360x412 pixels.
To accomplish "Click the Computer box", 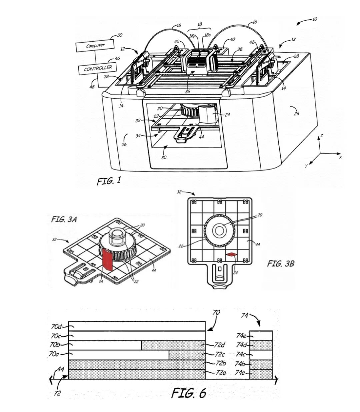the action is click(x=95, y=46).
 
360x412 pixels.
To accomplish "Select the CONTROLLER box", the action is click(x=98, y=69).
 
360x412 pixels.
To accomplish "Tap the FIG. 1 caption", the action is click(x=109, y=181).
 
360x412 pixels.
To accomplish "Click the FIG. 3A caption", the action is click(x=64, y=219).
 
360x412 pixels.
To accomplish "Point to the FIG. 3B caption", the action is click(x=281, y=263).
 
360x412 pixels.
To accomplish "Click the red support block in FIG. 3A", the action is click(x=108, y=259).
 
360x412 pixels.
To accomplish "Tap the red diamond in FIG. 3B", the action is click(x=231, y=255).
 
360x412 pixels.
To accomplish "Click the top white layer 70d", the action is click(x=137, y=326).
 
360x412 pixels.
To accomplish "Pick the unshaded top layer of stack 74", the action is click(x=261, y=336).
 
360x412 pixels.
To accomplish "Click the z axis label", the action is click(x=322, y=135).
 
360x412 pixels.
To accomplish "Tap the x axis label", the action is click(x=340, y=158).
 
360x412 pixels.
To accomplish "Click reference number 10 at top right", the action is click(x=314, y=19).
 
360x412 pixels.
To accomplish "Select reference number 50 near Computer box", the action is click(x=119, y=35).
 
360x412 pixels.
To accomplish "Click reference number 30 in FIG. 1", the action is click(x=164, y=157).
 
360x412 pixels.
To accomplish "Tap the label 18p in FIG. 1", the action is click(x=192, y=36).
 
